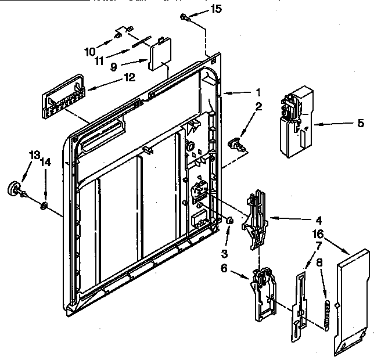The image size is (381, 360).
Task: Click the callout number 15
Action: pyautogui.click(x=216, y=9)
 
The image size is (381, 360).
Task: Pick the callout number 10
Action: pyautogui.click(x=89, y=51)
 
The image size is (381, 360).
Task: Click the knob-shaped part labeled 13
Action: pyautogui.click(x=14, y=189)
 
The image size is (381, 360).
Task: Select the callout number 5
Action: pyautogui.click(x=361, y=123)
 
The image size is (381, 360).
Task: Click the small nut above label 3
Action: pyautogui.click(x=229, y=221)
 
